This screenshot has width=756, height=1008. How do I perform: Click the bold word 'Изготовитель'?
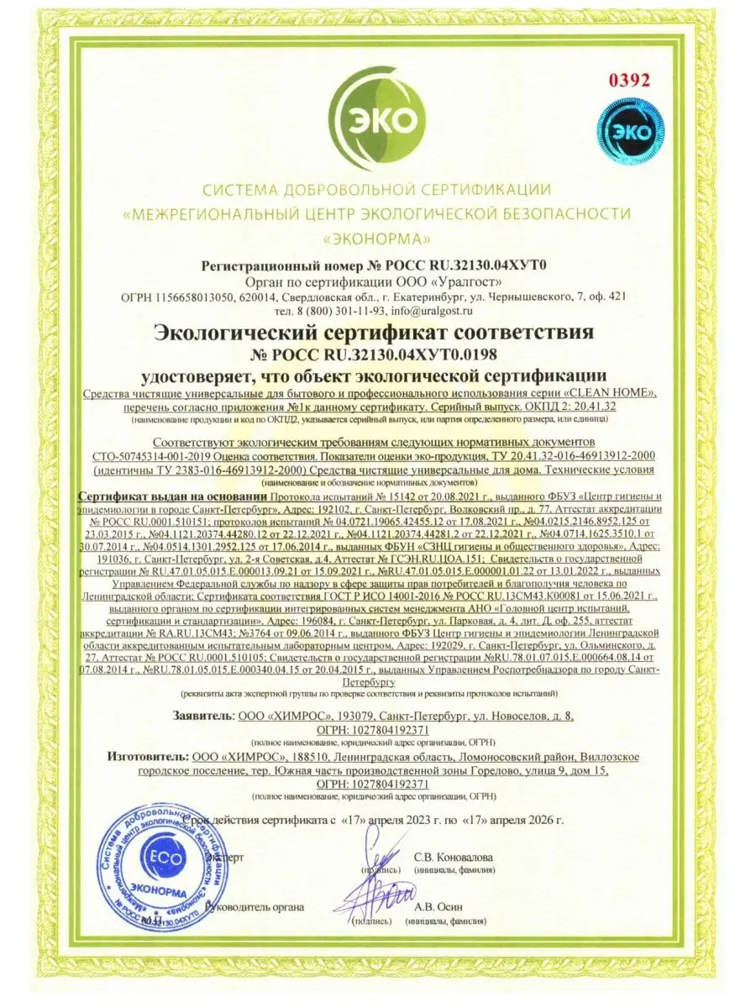pos(148,757)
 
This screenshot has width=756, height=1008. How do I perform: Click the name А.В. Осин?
pos(438,906)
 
